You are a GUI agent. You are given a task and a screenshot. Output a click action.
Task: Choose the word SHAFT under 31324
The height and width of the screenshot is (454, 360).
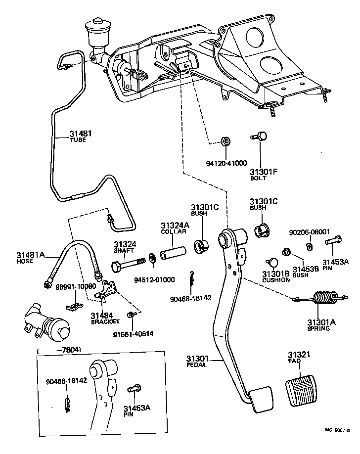(x=125, y=251)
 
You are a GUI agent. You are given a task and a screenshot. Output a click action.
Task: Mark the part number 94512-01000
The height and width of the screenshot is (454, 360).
(x=154, y=280)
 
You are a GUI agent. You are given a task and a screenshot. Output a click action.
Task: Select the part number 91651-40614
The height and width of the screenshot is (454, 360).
(x=133, y=333)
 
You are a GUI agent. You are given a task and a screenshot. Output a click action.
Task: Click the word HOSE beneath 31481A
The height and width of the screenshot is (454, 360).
(x=25, y=261)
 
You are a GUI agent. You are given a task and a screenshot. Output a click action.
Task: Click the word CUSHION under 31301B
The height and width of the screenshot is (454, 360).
(x=276, y=280)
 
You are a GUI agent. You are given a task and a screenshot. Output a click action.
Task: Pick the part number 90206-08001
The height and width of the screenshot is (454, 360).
(x=309, y=231)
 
